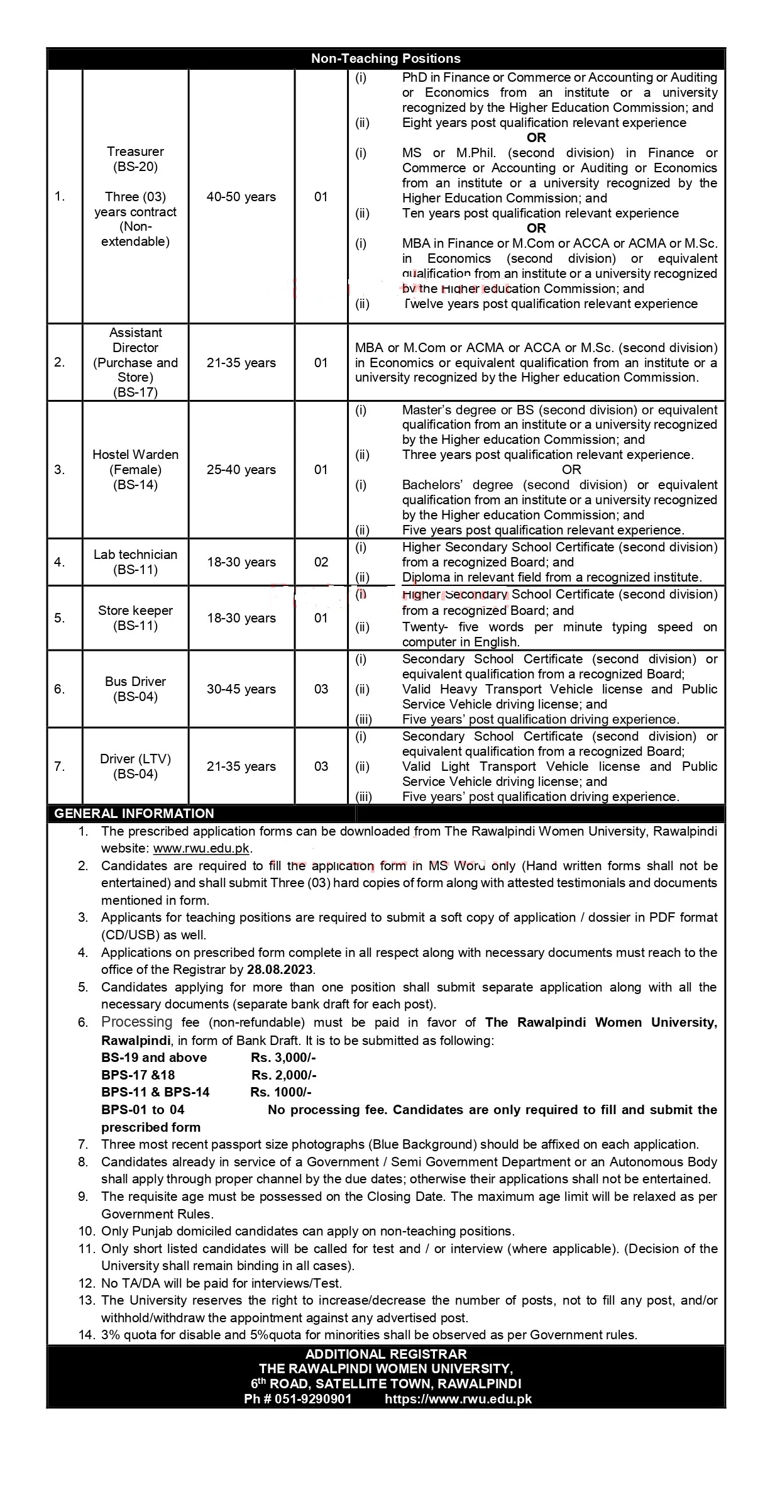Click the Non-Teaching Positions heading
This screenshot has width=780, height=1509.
[386, 58]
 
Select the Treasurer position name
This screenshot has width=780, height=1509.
[135, 152]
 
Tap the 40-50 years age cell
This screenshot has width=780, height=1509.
[241, 197]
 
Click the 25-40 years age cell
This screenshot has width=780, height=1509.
[241, 470]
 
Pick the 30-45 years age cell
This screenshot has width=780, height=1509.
[241, 689]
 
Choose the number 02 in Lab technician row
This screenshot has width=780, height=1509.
[321, 562]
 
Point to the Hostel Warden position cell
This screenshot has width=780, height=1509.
[135, 469]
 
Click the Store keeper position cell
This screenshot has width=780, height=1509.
[135, 617]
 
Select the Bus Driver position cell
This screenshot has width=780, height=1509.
[135, 689]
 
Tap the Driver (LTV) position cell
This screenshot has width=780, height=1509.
[135, 766]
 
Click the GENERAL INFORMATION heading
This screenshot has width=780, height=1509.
[134, 813]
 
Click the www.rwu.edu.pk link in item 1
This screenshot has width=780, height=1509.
[201, 848]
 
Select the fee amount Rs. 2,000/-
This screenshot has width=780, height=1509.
[284, 1075]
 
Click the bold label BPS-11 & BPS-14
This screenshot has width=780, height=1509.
[155, 1092]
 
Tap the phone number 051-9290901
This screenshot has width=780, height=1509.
[312, 1399]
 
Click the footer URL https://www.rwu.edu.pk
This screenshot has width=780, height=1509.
[458, 1399]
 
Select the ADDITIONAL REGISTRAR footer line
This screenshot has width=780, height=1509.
[386, 1354]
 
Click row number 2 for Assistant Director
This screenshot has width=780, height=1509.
[60, 363]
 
